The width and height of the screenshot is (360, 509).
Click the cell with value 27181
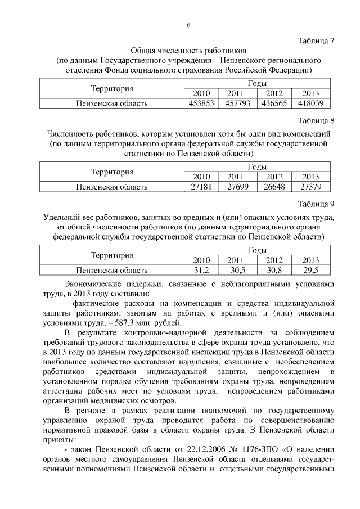(201, 186)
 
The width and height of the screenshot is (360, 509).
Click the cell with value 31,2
(201, 269)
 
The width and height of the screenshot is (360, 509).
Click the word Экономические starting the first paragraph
(93, 282)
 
